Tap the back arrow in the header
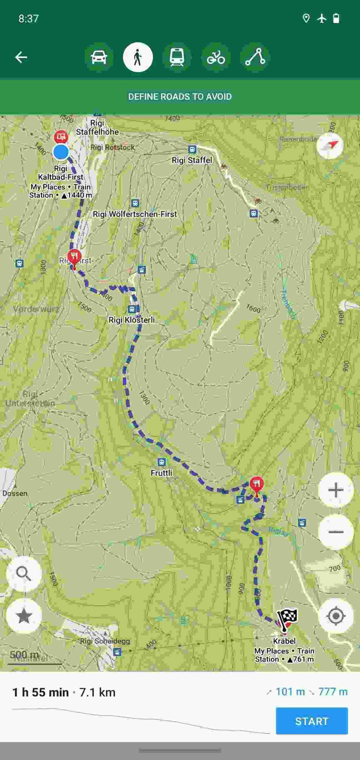21,57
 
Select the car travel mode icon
99,57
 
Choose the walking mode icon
138,57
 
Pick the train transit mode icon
177,57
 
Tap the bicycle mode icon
216,57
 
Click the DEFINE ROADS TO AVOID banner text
180,96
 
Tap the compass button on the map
330,146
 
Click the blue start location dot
61,152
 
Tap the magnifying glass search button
24,574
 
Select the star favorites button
24,616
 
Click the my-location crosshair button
336,616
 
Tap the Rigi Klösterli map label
131,320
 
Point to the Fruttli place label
161,473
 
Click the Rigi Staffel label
192,160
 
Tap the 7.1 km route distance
97,692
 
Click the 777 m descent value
333,691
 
